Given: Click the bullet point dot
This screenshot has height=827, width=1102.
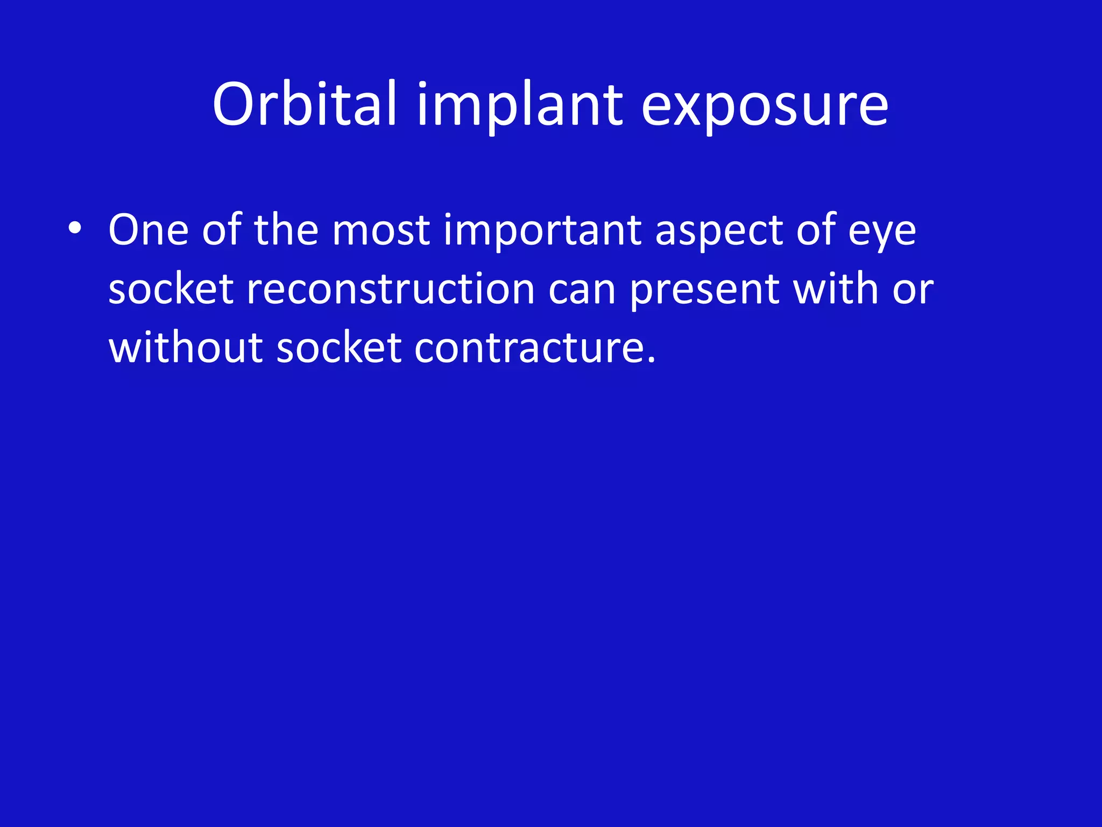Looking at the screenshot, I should click(x=75, y=229).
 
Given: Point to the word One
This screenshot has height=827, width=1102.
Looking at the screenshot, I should click(x=149, y=230).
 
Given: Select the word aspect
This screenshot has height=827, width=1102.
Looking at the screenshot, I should click(x=719, y=230).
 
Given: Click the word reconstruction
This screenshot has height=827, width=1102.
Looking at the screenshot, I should click(x=390, y=289).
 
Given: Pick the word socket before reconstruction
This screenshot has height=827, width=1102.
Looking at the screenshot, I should click(x=171, y=289).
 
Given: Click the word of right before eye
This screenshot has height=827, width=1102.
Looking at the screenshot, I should click(x=816, y=230).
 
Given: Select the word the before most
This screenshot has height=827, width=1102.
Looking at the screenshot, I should click(x=286, y=230).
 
